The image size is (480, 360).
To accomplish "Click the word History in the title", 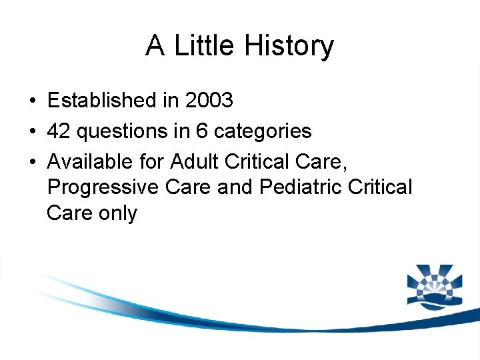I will [x=289, y=46].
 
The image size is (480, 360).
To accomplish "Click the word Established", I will [x=101, y=101].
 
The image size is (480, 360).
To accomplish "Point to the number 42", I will [x=59, y=131].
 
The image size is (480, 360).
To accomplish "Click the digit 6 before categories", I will [x=201, y=131].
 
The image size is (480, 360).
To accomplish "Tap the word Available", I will [x=85, y=161].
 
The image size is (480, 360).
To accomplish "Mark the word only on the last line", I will [x=117, y=214].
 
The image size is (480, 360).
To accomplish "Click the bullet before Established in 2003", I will [x=33, y=101].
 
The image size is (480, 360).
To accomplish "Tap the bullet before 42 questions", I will [x=33, y=131].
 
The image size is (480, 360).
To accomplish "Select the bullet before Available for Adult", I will [x=33, y=161].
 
